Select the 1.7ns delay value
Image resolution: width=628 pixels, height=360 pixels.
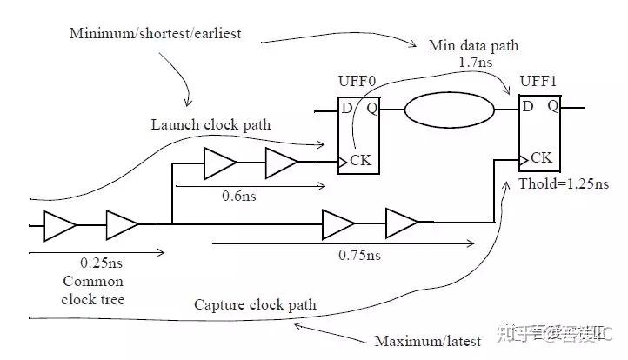click(471, 63)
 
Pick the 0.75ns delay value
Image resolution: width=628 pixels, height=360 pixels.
click(359, 257)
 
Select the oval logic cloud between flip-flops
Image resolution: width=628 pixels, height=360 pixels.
click(449, 111)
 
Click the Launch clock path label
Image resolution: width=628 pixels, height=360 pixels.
click(210, 125)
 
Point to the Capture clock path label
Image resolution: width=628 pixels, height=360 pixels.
click(255, 305)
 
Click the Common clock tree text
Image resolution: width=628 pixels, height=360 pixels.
click(93, 290)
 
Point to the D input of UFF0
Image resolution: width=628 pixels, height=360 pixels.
click(347, 109)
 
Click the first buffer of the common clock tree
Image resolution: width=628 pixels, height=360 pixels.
click(60, 224)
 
